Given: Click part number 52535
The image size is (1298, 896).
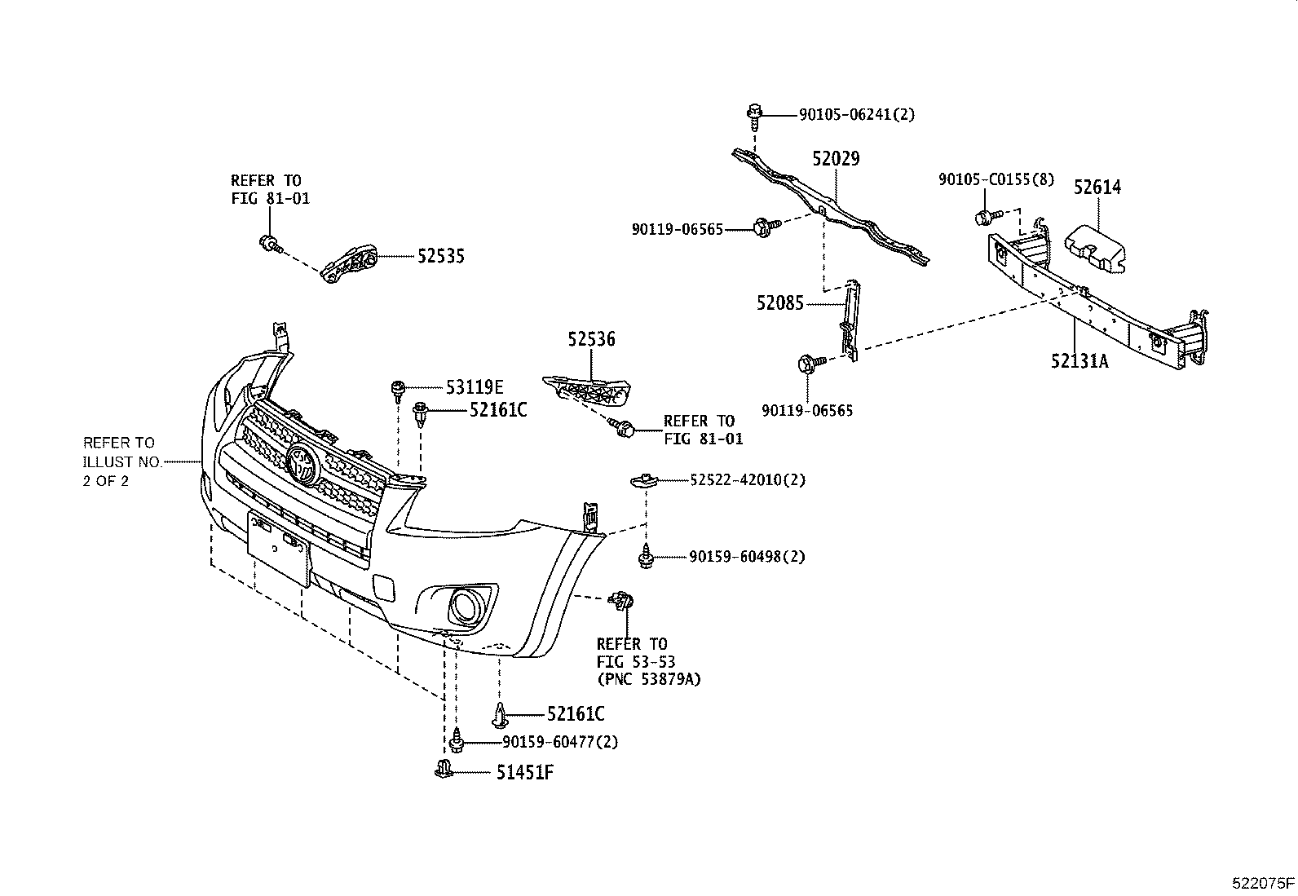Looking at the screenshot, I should tap(440, 256).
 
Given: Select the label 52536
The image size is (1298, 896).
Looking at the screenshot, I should tap(592, 339).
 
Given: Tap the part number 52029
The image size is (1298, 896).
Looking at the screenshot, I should tap(836, 158).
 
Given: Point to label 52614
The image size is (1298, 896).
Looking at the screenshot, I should tap(1097, 187).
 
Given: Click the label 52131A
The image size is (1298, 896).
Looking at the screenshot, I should tap(1079, 360).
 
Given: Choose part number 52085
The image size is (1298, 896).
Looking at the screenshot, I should tap(779, 303).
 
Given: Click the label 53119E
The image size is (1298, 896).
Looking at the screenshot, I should tap(475, 387).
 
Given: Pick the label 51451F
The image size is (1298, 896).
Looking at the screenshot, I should tap(525, 772).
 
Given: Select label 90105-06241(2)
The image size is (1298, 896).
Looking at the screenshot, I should tap(856, 115).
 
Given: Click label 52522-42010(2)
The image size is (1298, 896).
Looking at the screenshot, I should tap(747, 480).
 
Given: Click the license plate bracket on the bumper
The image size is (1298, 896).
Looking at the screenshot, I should tap(278, 546).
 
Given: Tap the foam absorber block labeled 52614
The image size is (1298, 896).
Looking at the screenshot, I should tap(1093, 246).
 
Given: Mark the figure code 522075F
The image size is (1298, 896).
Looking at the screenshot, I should tap(1262, 883).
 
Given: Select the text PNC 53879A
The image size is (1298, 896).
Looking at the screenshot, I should tap(648, 678).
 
